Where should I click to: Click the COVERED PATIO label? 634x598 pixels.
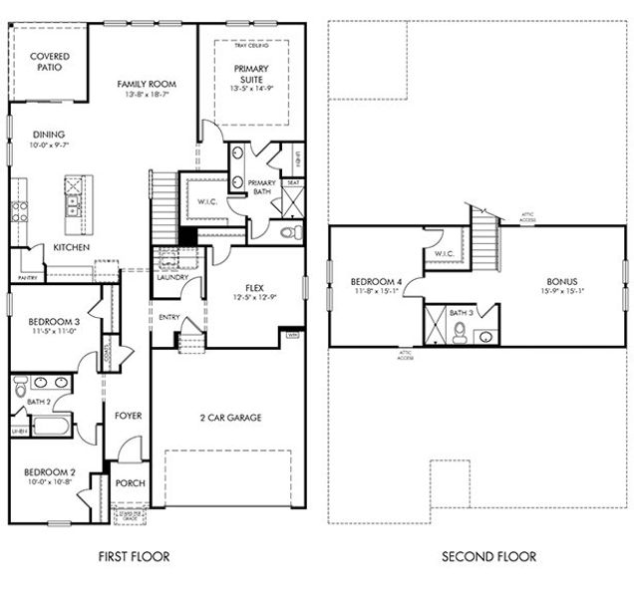click(x=48, y=63)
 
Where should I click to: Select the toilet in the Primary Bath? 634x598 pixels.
click(x=288, y=232)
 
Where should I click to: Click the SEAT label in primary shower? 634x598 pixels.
click(x=292, y=182)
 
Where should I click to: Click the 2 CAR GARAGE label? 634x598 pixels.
click(x=229, y=417)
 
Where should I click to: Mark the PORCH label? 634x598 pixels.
click(x=131, y=483)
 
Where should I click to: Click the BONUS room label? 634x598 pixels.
click(x=561, y=281)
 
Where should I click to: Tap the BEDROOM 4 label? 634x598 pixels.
click(x=377, y=282)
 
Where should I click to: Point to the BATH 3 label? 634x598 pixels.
click(x=460, y=313)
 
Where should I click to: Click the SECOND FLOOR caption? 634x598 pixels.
click(x=488, y=556)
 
